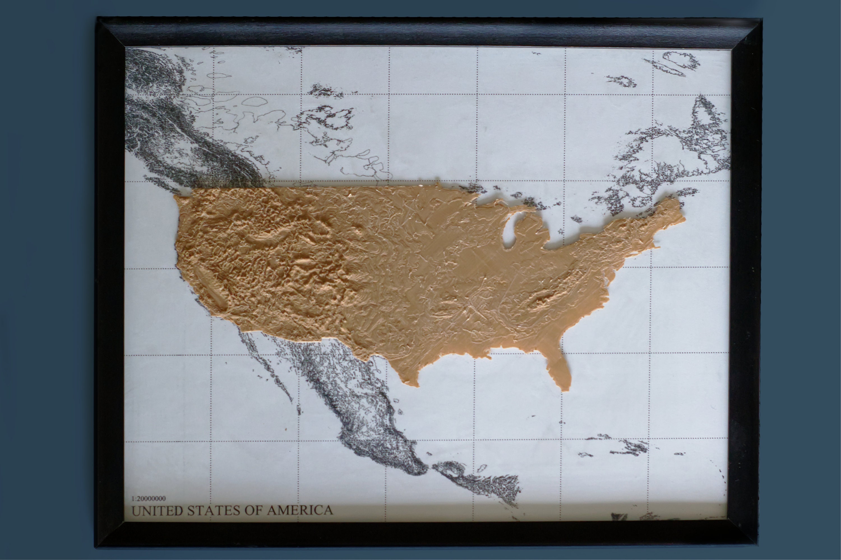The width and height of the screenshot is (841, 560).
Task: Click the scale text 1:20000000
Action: [x=149, y=499]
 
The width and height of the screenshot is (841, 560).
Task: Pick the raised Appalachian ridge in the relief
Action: [x=546, y=298]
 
